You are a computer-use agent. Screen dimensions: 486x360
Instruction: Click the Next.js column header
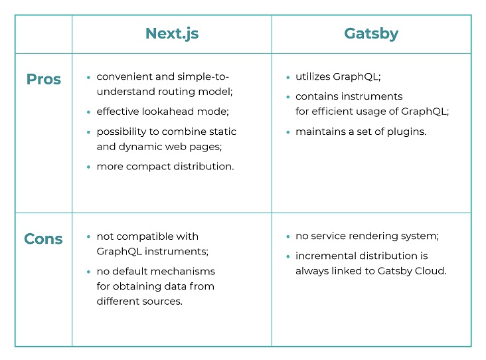coord(172,34)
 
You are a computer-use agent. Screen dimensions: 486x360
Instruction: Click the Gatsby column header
coord(371,34)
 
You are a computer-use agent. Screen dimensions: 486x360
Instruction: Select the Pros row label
coord(44,79)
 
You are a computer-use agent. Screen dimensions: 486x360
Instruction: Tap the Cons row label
coord(43,238)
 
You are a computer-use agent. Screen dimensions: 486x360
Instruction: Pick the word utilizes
coord(313,76)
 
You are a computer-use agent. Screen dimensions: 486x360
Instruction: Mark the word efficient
coord(332,112)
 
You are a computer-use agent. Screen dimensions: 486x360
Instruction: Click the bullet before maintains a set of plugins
coord(288,132)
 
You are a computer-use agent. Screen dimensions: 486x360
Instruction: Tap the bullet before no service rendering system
coord(288,236)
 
